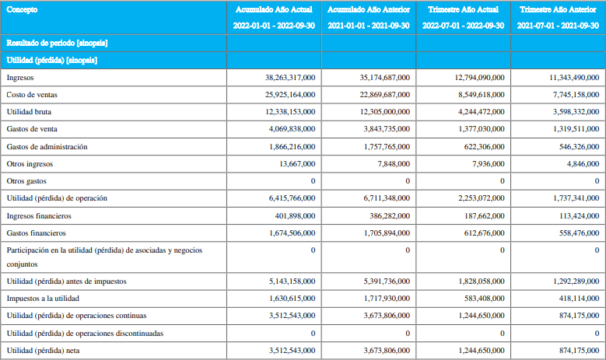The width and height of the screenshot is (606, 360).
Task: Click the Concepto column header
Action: tap(22, 9)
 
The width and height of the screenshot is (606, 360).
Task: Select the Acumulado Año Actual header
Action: tap(274, 9)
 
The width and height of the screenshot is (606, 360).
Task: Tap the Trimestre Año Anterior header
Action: tap(558, 9)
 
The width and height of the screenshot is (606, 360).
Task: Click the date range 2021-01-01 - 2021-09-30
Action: tap(369, 26)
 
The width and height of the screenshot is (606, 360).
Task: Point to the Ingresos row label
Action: tap(20, 78)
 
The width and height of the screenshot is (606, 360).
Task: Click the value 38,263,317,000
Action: tap(290, 78)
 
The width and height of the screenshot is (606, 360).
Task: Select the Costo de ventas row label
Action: tap(32, 95)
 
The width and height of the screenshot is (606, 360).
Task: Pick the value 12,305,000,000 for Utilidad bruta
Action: tap(385, 112)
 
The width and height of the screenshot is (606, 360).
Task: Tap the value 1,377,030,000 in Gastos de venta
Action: tap(482, 129)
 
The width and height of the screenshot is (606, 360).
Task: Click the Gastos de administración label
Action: tap(47, 147)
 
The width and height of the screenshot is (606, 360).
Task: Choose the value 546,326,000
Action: tap(579, 147)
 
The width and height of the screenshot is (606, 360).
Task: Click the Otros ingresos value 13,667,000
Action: tap(297, 164)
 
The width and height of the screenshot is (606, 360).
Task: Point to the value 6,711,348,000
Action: tap(387, 198)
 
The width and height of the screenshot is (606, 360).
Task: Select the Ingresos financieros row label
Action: tap(39, 216)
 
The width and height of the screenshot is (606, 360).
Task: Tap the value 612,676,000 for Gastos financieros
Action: tap(485, 233)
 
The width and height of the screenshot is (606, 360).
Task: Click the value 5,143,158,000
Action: tap(292, 281)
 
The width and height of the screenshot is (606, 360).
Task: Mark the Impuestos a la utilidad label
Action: tap(43, 299)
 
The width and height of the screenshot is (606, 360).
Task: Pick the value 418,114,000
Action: tap(579, 299)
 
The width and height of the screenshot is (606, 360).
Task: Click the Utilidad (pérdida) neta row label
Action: tap(44, 351)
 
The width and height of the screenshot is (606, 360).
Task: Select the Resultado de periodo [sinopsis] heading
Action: tap(58, 43)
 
